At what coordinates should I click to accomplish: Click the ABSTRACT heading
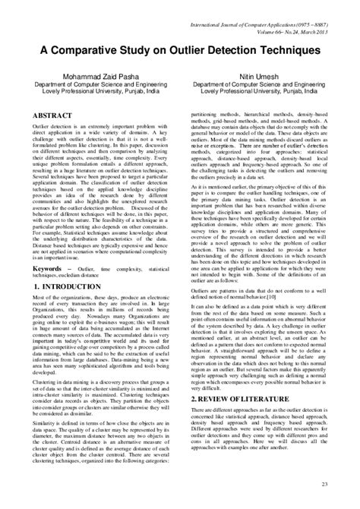point(51,114)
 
